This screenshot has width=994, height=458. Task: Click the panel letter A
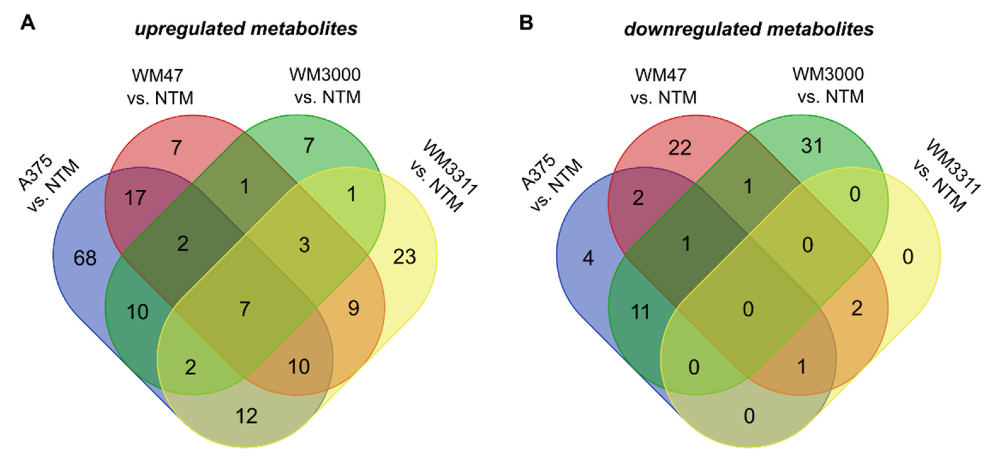[27, 23]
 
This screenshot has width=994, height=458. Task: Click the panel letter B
[526, 23]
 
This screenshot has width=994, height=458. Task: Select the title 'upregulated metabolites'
[246, 29]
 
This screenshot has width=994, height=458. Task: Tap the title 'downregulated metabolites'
[749, 29]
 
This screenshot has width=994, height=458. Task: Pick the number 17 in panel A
[135, 198]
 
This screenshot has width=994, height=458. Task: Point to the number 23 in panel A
[405, 257]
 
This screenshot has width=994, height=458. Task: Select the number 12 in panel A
[246, 416]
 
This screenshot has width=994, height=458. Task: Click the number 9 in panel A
[353, 308]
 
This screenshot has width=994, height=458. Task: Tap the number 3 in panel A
[304, 245]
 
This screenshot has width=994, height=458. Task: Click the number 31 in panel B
[812, 146]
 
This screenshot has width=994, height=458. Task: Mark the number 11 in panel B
[641, 312]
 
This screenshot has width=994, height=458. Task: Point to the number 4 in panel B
[588, 258]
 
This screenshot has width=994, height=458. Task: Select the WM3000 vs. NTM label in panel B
[829, 85]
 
